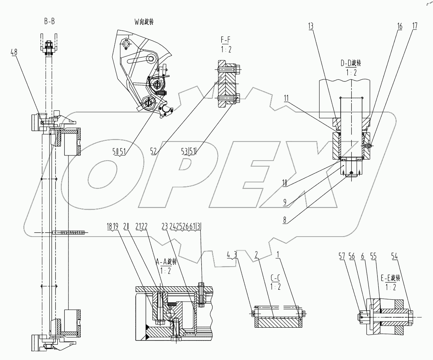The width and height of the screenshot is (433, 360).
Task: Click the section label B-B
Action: [49, 21]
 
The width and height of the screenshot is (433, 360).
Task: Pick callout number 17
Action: [414, 26]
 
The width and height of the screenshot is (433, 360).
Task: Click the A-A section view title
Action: [166, 262]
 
